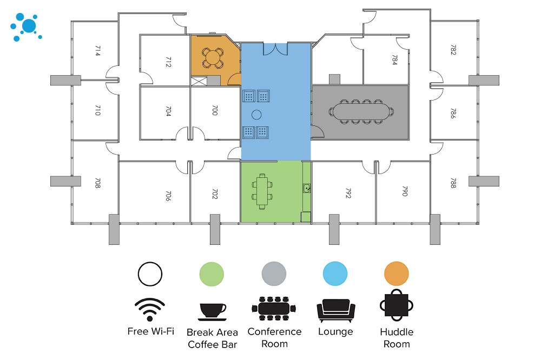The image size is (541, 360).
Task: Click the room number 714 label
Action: (97, 51)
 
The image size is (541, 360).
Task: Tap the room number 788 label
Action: (453, 183)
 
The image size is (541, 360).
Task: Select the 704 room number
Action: (168, 111)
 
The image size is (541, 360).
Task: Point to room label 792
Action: (348, 194)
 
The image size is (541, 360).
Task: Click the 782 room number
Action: (453, 50)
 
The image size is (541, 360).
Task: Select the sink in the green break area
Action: (306, 188)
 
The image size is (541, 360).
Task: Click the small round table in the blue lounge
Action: (256, 114)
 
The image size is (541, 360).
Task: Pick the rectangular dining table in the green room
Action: (262, 191)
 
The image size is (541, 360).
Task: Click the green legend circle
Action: (212, 274)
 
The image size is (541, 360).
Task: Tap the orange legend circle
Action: (396, 274)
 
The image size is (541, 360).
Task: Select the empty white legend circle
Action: (150, 274)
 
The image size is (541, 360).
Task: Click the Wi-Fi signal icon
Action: (150, 310)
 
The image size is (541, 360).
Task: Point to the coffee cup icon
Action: (213, 311)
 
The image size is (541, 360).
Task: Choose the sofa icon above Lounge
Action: (335, 310)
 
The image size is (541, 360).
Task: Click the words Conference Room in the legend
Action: (274, 337)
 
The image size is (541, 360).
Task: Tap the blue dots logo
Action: (26, 27)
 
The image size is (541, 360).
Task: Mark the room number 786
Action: (453, 114)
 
